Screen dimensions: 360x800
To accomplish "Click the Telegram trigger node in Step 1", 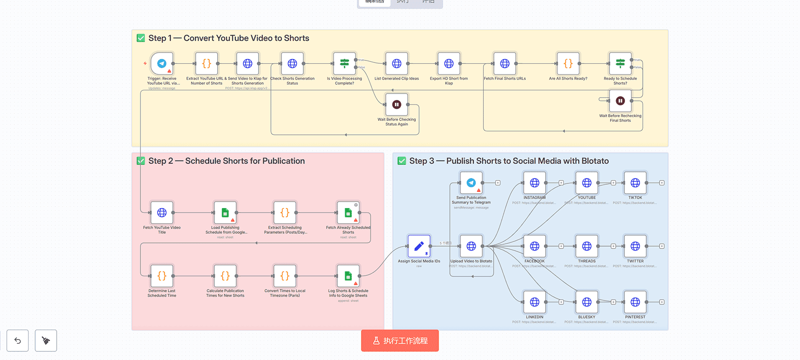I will [x=162, y=63].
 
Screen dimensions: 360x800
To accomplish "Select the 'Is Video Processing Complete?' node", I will [x=344, y=63].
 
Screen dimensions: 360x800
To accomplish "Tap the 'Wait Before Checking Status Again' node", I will [x=396, y=104].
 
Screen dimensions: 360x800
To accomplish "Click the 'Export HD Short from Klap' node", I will [x=449, y=63].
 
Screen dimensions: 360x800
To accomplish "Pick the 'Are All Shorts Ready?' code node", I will [x=568, y=63].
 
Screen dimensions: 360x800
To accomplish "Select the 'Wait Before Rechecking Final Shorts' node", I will [x=620, y=100].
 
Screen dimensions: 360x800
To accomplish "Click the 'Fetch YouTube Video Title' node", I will [x=162, y=212].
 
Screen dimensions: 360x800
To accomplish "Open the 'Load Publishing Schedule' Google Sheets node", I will [x=225, y=212].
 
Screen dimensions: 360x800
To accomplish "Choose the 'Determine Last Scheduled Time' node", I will [x=162, y=276].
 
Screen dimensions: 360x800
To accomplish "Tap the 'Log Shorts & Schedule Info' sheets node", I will [x=348, y=276].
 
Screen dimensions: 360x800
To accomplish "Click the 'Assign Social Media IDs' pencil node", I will [x=419, y=246].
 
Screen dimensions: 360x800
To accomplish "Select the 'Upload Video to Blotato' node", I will [x=471, y=246].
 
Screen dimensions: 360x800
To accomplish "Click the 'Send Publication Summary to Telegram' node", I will [x=471, y=183].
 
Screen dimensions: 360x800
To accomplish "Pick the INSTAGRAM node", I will [x=534, y=183].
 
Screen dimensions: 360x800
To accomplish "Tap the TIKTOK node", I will [x=635, y=183].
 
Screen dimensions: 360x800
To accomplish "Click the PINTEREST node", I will [x=635, y=302].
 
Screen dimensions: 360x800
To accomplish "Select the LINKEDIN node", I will [x=534, y=302].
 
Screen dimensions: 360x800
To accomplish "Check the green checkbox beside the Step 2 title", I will [x=141, y=161].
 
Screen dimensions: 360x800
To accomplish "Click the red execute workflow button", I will [x=400, y=340].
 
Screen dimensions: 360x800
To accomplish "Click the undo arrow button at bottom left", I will [x=18, y=340].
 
